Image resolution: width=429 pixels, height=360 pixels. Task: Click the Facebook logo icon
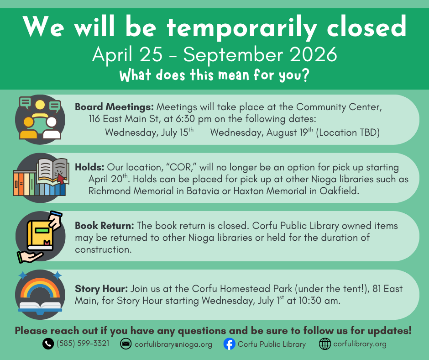[229, 344]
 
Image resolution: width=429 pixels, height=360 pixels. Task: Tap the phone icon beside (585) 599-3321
[48, 344]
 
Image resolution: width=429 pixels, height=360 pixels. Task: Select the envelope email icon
[126, 344]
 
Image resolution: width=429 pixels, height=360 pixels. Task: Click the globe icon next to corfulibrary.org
[325, 344]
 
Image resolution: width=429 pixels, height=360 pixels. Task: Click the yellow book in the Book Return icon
[40, 235]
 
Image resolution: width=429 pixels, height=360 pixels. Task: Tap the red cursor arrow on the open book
[61, 178]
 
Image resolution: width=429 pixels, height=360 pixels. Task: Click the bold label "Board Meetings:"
[115, 107]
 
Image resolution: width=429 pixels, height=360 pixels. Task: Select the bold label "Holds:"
[90, 167]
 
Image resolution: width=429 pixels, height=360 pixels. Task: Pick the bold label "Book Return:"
[105, 226]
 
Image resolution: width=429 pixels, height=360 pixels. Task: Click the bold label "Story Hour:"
[101, 289]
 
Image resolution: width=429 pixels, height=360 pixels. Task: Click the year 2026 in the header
[313, 54]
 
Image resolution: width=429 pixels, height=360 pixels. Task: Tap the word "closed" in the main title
[366, 26]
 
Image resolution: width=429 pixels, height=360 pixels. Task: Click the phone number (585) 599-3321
[83, 343]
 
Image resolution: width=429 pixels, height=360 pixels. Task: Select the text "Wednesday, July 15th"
[149, 132]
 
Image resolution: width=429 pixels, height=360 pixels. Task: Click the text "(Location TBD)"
[348, 132]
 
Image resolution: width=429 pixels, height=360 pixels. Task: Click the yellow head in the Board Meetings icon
[40, 105]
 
